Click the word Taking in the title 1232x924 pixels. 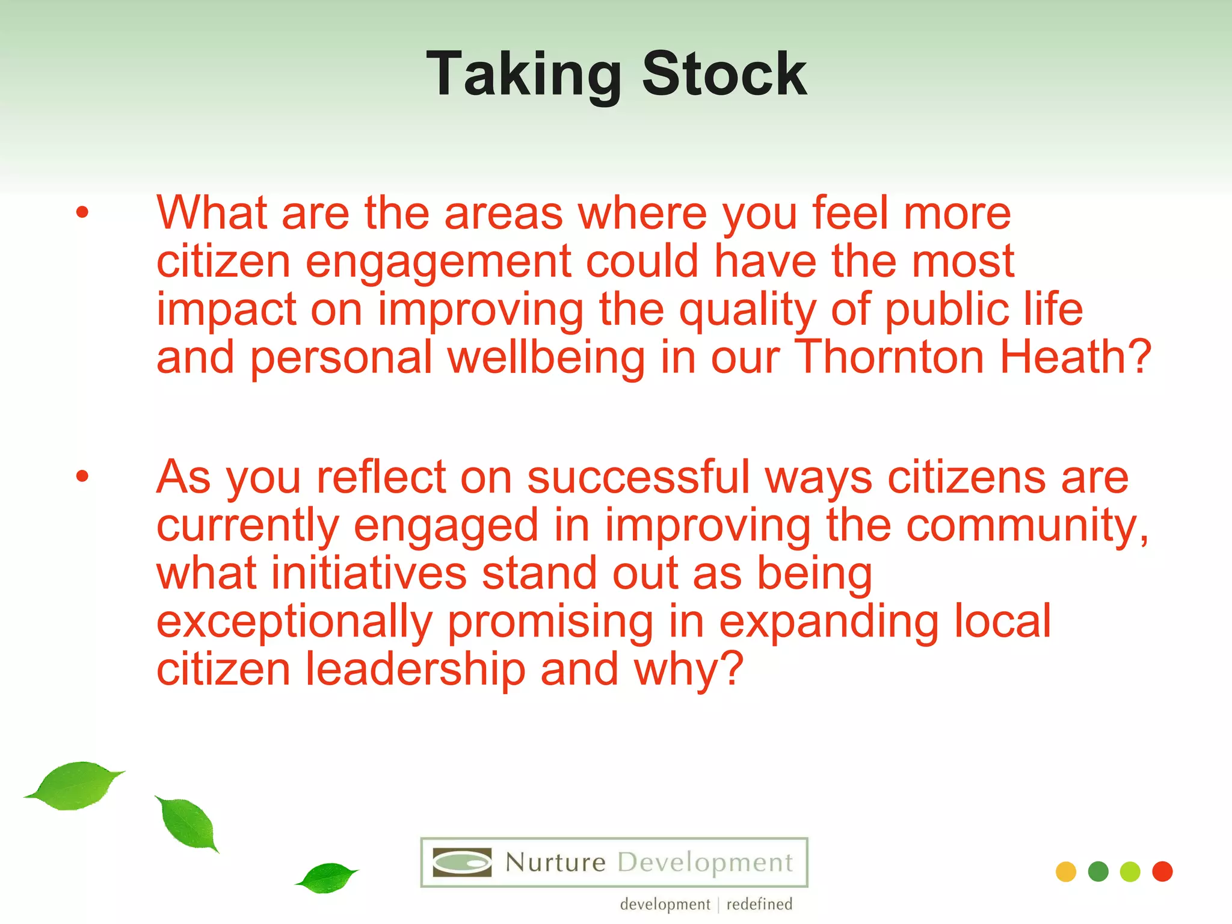click(523, 75)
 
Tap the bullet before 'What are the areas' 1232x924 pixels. click(82, 212)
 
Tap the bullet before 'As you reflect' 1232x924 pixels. click(82, 476)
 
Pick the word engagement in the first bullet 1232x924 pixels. click(438, 263)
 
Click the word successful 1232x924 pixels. click(638, 477)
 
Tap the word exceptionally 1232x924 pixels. click(294, 623)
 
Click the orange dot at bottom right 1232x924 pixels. click(1065, 872)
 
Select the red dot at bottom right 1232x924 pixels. click(1162, 871)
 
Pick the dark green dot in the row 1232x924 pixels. click(1098, 872)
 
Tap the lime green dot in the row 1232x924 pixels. click(1130, 872)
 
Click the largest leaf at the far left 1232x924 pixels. click(75, 785)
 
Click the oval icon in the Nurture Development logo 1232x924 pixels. click(462, 863)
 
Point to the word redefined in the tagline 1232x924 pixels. click(759, 904)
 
